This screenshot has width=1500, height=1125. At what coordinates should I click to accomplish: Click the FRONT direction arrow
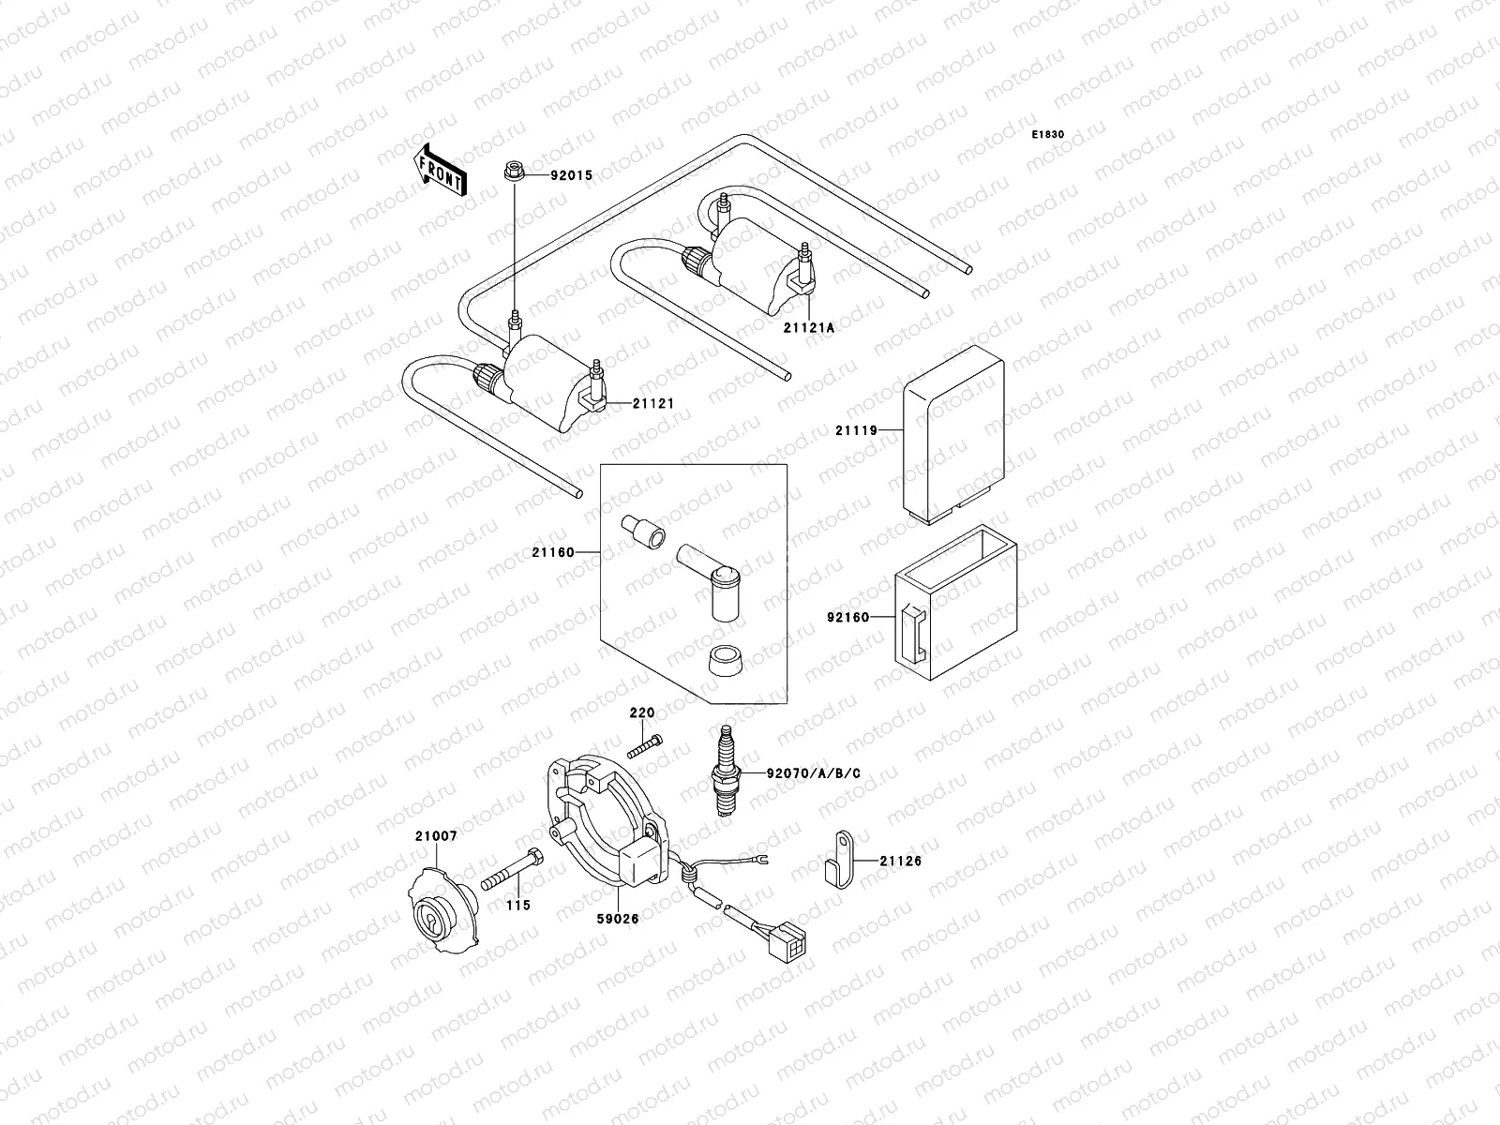point(439,170)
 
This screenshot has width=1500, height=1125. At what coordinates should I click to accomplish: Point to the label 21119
point(855,430)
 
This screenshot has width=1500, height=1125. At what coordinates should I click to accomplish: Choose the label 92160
point(847,618)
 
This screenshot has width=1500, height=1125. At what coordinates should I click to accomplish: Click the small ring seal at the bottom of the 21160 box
point(724,662)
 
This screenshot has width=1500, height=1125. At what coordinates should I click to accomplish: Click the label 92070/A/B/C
point(813,773)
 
